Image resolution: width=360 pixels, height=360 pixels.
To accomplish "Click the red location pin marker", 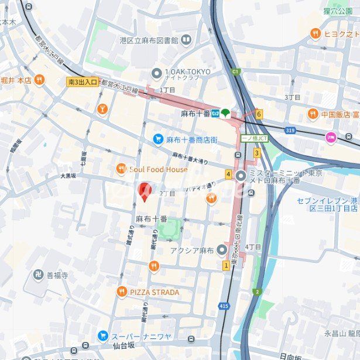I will (x=144, y=191).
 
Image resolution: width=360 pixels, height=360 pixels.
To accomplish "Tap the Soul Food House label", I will (x=159, y=170).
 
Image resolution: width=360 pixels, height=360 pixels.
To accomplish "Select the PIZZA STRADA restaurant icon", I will (x=121, y=292).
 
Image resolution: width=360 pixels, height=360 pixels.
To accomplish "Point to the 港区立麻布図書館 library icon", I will (x=186, y=40).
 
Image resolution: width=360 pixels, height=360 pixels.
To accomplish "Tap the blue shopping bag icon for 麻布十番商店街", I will (x=157, y=139).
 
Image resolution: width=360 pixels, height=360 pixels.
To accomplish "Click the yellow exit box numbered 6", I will (x=259, y=114).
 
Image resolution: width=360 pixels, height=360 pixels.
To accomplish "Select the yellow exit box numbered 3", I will (x=256, y=153).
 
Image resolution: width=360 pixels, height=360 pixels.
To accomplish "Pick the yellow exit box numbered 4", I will (x=228, y=174).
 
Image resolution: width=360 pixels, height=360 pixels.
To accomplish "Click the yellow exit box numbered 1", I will (x=226, y=265).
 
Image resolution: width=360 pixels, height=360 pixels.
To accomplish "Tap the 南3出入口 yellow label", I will (x=83, y=83).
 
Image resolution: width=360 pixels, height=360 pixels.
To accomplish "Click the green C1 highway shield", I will (x=236, y=71).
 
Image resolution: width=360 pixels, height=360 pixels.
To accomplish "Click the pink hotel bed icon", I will (x=331, y=138).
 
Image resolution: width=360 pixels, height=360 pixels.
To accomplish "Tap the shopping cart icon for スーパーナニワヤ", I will (x=102, y=335).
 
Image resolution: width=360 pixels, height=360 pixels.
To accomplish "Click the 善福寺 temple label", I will (x=57, y=275).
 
